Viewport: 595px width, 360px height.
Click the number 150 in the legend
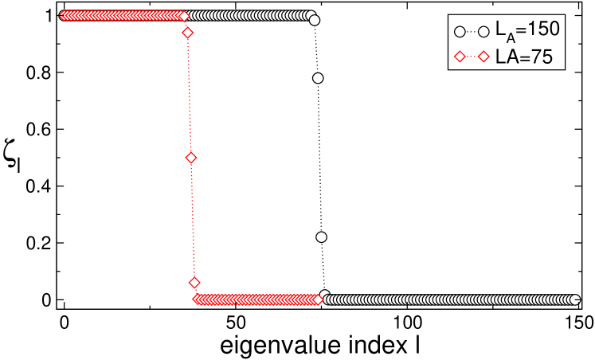click(538, 29)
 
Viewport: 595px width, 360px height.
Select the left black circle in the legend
click(459, 31)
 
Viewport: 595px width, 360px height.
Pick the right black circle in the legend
click(484, 31)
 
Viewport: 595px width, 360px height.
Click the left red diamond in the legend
click(459, 57)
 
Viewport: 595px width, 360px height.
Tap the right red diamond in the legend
click(484, 57)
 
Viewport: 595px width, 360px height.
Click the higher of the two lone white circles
click(318, 78)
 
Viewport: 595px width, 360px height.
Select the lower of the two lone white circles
click(321, 237)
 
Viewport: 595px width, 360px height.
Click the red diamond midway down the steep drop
click(190, 158)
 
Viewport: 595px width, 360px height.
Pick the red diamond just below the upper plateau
click(188, 33)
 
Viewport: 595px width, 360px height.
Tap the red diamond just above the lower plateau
click(194, 282)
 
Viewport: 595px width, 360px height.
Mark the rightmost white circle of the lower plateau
click(574, 299)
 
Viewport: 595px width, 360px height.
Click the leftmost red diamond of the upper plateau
click(64, 15)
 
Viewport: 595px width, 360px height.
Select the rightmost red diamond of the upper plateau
click(184, 15)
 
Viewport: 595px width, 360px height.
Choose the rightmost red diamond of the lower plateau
click(317, 299)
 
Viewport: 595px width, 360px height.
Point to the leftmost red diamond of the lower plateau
click(198, 299)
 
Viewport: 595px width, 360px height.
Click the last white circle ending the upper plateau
click(314, 20)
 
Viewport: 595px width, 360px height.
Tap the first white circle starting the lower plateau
click(324, 295)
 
